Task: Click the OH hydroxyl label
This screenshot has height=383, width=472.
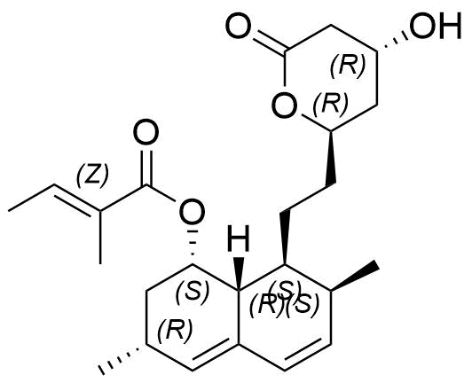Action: click(x=436, y=26)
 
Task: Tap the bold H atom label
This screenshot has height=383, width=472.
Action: click(x=239, y=238)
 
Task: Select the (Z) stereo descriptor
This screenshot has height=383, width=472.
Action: click(x=91, y=176)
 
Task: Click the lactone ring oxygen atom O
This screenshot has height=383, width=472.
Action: click(x=284, y=106)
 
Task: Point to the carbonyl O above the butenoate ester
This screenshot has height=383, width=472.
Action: click(x=146, y=132)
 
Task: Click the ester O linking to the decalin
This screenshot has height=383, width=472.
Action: click(x=192, y=212)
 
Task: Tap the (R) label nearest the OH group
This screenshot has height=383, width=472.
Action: click(x=348, y=65)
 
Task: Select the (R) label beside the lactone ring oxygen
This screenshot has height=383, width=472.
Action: click(x=331, y=104)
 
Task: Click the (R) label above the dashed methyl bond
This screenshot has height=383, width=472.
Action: click(x=175, y=329)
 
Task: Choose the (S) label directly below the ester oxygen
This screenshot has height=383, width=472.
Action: click(x=193, y=290)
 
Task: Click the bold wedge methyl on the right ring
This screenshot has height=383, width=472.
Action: click(x=355, y=277)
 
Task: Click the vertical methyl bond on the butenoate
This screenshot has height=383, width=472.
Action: click(x=100, y=237)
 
